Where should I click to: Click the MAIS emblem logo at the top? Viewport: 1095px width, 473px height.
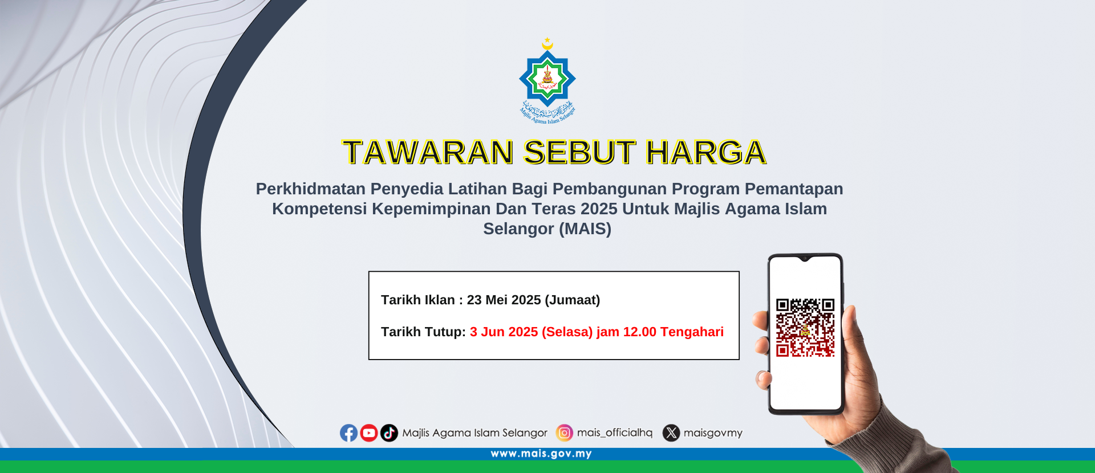coord(547,80)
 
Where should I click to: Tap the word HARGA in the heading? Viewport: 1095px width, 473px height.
coord(705,152)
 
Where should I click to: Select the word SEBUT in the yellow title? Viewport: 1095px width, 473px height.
coord(579,152)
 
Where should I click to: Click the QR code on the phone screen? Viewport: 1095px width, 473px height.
coord(805,328)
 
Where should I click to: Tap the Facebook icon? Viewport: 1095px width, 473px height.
coord(349,433)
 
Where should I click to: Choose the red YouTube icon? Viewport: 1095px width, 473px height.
coord(369,433)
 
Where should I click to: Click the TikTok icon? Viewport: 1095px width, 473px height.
coord(389,433)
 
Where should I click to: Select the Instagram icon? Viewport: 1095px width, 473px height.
coord(565,433)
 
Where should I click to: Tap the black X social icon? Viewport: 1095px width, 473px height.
coord(671,433)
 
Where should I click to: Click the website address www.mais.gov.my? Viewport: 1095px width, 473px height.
coord(541,454)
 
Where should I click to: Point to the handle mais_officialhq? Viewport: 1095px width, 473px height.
coord(615,433)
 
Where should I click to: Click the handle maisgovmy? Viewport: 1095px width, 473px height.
coord(713,433)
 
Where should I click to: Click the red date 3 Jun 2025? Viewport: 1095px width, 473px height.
coord(504,332)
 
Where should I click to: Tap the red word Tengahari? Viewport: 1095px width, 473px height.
coord(692,332)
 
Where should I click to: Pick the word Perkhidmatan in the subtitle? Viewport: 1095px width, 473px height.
coord(311,189)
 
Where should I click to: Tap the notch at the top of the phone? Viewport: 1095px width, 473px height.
coord(805,259)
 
